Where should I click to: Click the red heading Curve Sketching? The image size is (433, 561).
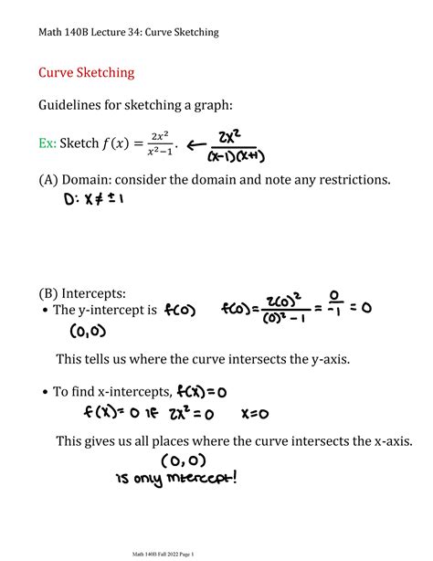[86, 71]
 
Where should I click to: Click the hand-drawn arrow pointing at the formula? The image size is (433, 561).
[195, 144]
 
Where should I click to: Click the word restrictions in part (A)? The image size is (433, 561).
[347, 180]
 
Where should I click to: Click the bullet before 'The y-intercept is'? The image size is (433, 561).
[44, 312]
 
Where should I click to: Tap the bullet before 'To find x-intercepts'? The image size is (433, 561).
[44, 393]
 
